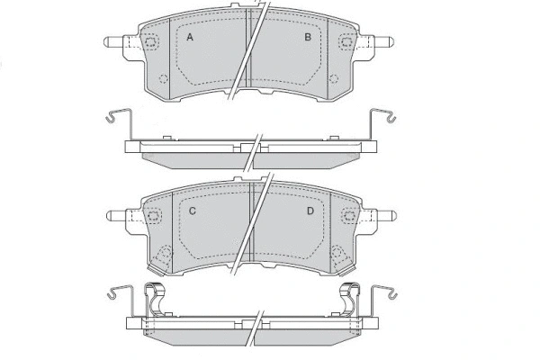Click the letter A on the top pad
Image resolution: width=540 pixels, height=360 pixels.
pyautogui.click(x=190, y=38)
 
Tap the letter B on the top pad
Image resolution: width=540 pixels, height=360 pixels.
pyautogui.click(x=308, y=38)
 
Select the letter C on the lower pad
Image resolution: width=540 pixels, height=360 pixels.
pyautogui.click(x=193, y=211)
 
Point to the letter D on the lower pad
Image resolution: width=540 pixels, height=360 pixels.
pyautogui.click(x=310, y=211)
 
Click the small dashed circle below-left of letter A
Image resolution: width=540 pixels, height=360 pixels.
pyautogui.click(x=163, y=77)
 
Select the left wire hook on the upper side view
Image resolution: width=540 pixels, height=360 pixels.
pyautogui.click(x=112, y=116)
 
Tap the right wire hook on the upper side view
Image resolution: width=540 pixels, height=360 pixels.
pyautogui.click(x=386, y=116)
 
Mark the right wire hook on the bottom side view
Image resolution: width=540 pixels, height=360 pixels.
pyautogui.click(x=387, y=293)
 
